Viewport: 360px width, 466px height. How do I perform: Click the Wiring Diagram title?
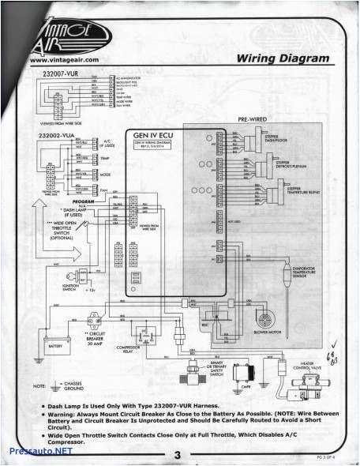tap(282, 58)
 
